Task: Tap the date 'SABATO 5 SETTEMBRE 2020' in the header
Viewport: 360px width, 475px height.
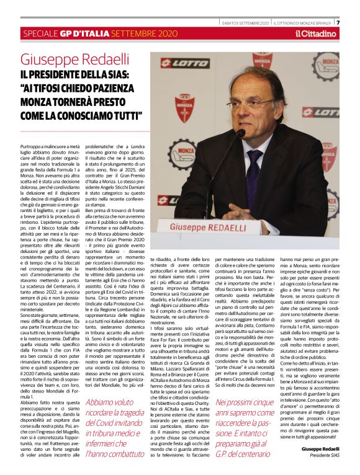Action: click(246, 23)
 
